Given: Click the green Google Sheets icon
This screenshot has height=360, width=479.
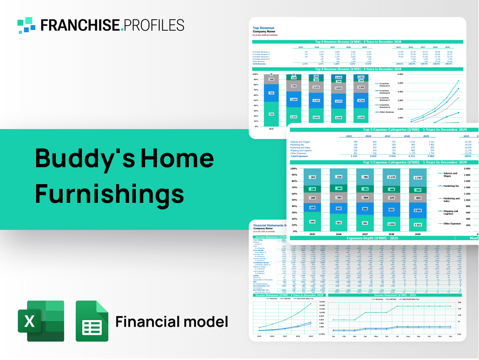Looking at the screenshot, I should click(92, 321).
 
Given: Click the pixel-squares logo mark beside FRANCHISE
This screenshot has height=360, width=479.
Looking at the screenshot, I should click(27, 25).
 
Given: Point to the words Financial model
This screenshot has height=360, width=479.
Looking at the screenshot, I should click(171, 322).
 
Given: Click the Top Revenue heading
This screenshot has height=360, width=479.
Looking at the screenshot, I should click(265, 28).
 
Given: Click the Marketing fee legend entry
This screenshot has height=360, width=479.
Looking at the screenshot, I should click(451, 186).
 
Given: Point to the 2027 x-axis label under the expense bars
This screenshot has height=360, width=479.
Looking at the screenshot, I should click(364, 234).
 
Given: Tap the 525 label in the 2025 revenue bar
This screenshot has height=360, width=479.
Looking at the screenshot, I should click(271, 93).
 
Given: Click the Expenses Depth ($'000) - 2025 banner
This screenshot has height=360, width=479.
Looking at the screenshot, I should click(373, 238).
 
